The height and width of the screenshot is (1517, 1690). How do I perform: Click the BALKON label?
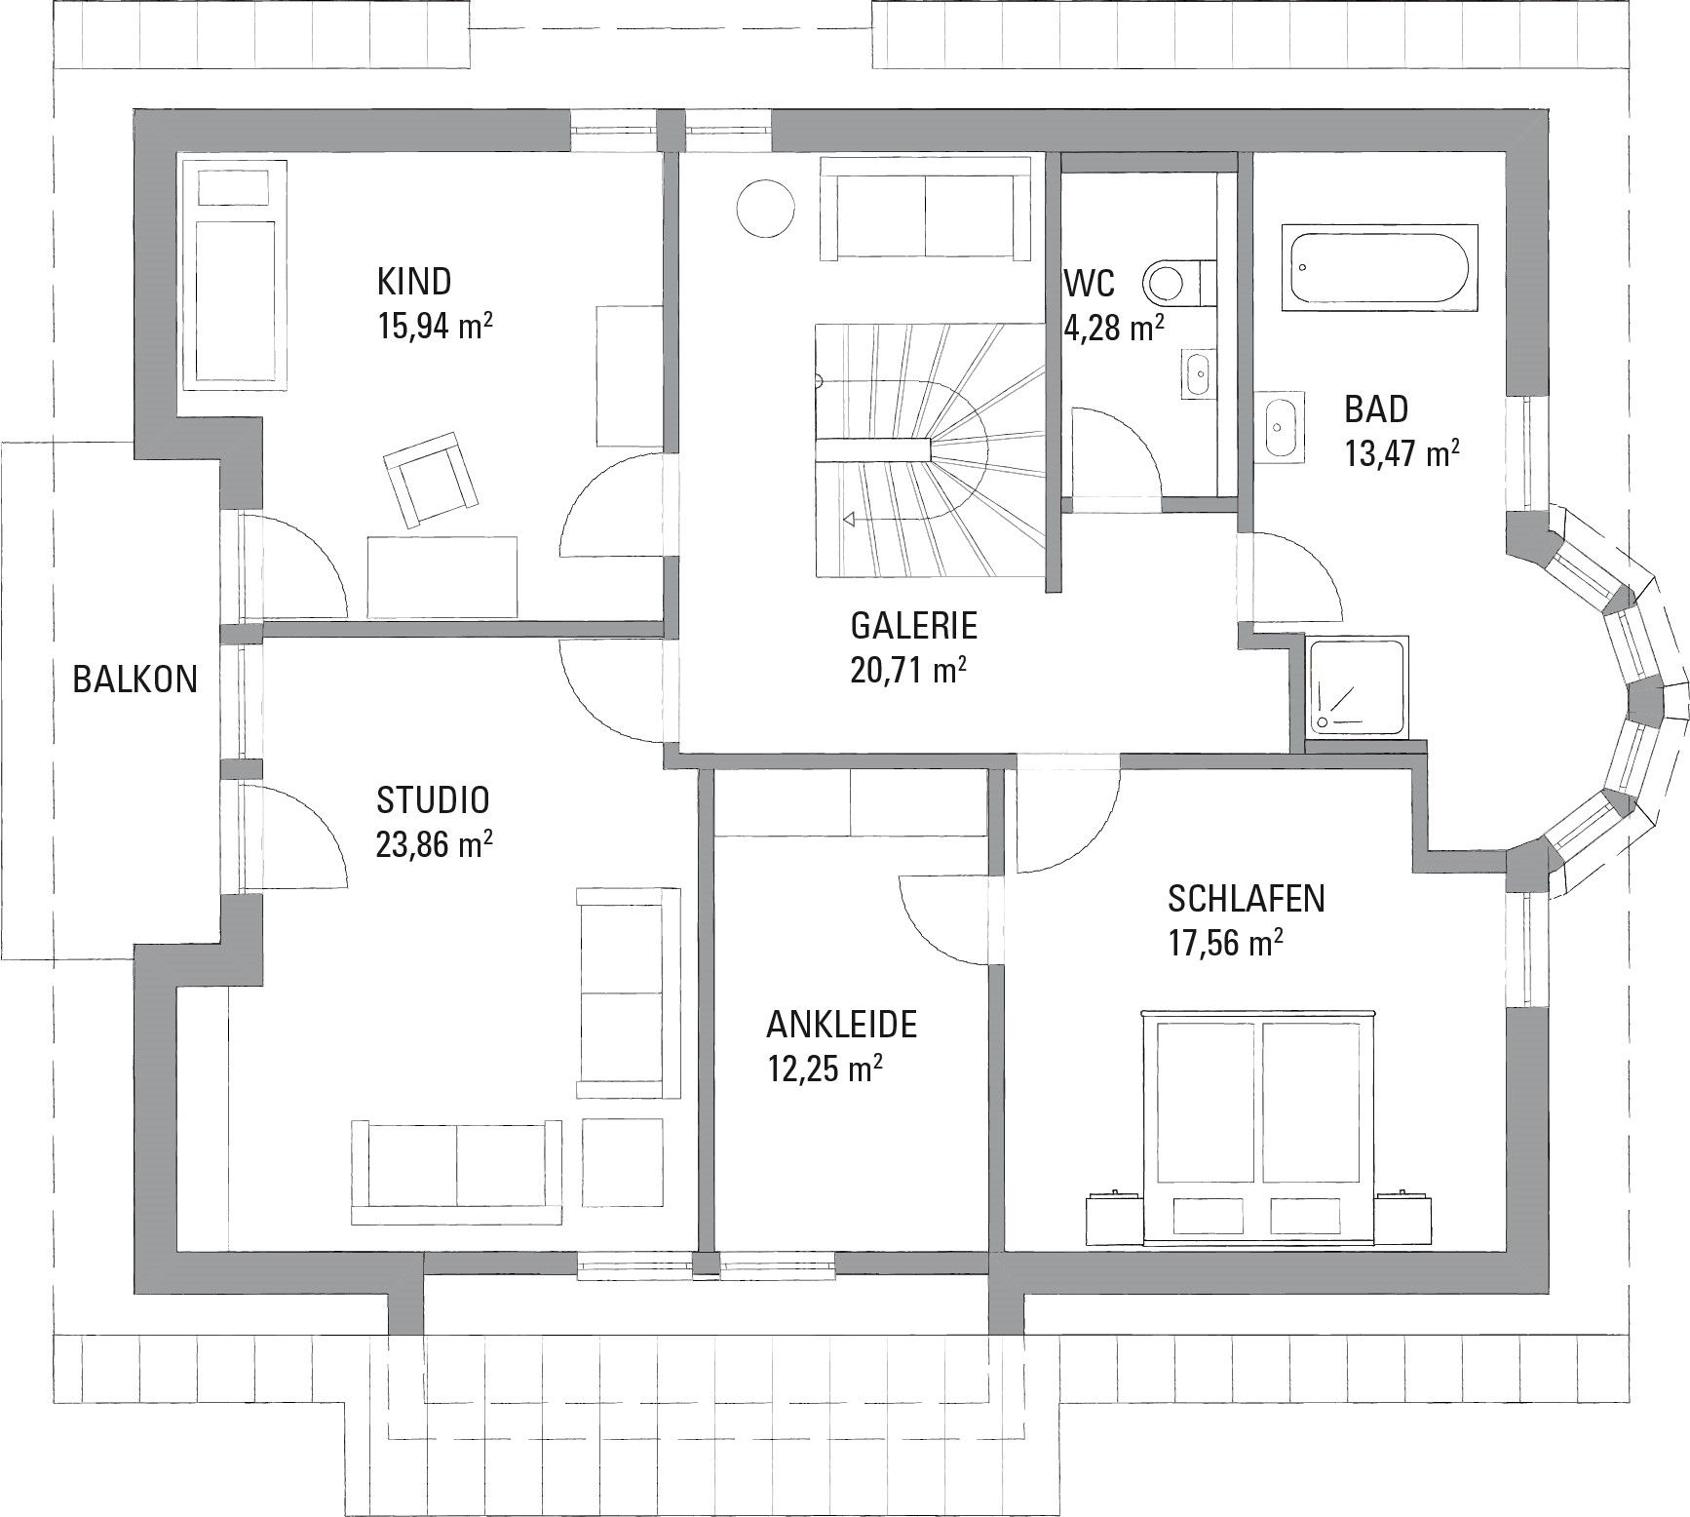(x=134, y=679)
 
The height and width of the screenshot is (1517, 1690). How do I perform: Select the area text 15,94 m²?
(x=434, y=326)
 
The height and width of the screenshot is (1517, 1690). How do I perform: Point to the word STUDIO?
(x=433, y=800)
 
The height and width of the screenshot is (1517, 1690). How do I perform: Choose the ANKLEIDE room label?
(x=841, y=1025)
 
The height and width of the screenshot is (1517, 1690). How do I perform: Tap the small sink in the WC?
(x=1198, y=373)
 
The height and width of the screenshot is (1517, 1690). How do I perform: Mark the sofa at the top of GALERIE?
(x=924, y=209)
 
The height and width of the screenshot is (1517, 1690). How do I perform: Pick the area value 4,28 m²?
(x=1114, y=328)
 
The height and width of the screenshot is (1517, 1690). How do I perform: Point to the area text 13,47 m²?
(x=1402, y=453)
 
